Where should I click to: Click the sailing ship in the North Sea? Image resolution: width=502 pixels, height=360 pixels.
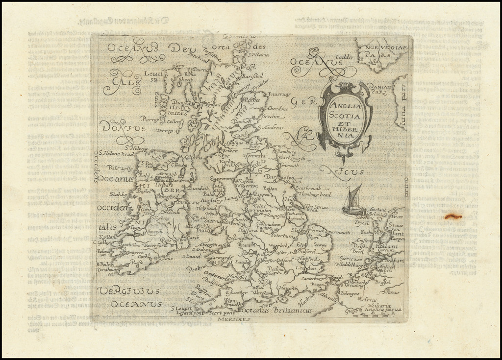353,201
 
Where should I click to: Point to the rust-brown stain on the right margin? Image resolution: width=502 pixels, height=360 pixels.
452,216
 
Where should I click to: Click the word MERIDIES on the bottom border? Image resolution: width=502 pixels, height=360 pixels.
233,319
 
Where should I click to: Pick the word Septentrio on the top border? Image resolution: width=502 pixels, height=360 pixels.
239,37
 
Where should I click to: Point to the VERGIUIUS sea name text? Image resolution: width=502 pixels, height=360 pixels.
128,291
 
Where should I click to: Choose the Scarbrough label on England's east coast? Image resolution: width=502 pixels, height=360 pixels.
308,188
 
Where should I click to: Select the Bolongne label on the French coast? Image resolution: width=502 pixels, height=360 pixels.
350,293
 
